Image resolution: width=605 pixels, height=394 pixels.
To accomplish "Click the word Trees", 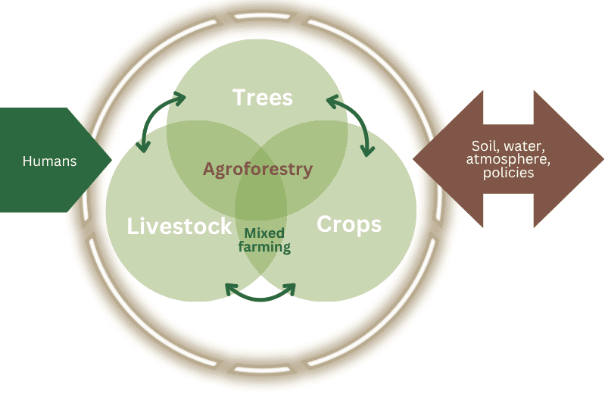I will pyautogui.click(x=263, y=98).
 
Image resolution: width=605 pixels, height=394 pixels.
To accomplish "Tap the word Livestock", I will pyautogui.click(x=179, y=226).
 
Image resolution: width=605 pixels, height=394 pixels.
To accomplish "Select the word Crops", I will pyautogui.click(x=348, y=224).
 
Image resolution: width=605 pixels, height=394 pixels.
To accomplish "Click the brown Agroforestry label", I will pyautogui.click(x=257, y=169).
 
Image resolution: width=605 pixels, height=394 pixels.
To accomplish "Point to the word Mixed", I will pyautogui.click(x=264, y=233).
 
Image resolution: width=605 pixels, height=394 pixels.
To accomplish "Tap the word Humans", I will pyautogui.click(x=50, y=161).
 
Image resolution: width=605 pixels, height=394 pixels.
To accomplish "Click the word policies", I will pyautogui.click(x=508, y=173).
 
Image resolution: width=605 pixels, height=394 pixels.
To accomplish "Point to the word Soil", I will pyautogui.click(x=485, y=145).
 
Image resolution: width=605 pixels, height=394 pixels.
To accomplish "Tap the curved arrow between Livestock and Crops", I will pyautogui.click(x=260, y=295).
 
